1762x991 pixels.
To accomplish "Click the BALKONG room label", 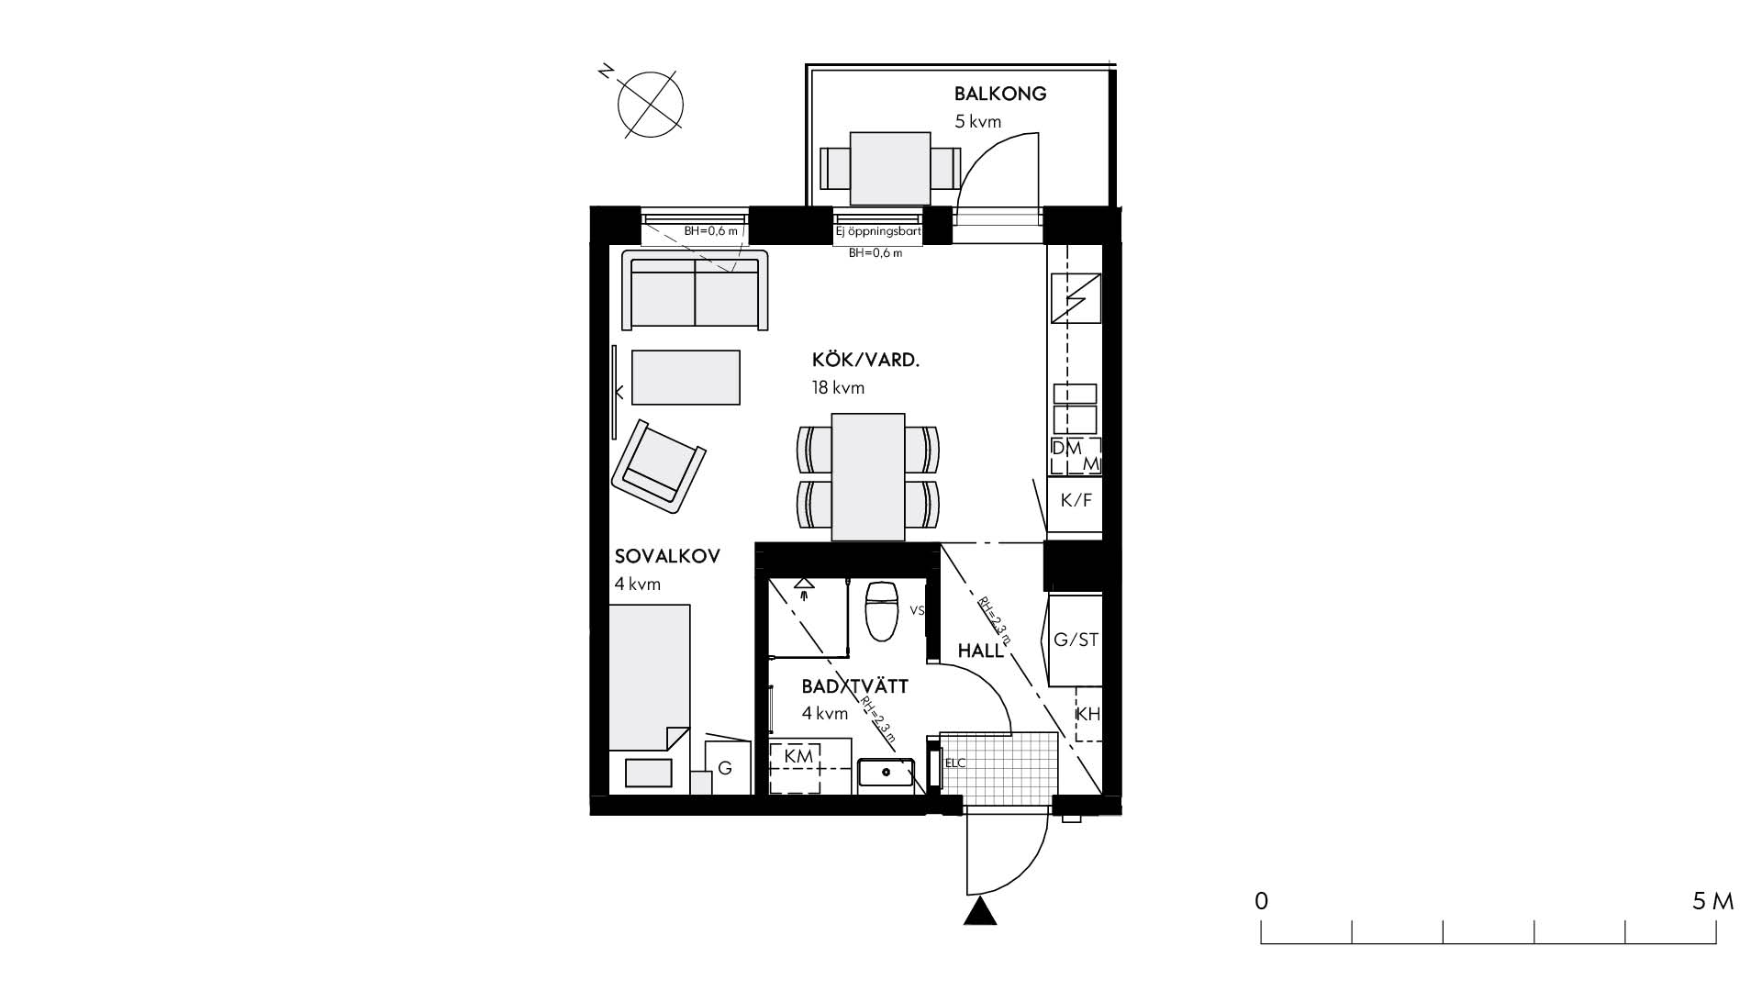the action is tap(999, 94).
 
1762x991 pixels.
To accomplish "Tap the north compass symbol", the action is tap(650, 104).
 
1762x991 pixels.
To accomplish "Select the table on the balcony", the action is tap(890, 169).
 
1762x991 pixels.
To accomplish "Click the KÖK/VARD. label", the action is tap(865, 360).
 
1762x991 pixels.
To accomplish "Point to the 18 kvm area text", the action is tap(838, 388).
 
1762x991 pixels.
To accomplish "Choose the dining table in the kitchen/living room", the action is tap(868, 477).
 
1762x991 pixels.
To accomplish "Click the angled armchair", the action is tap(658, 466).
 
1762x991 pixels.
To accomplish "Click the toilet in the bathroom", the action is tap(882, 611).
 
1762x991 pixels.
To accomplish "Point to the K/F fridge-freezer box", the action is tap(1076, 500).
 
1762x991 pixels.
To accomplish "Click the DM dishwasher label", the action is tap(1066, 449).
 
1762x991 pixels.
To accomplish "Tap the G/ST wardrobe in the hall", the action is tap(1076, 640).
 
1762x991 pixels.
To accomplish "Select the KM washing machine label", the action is tap(798, 756).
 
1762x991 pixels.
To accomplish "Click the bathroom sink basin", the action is tap(886, 773).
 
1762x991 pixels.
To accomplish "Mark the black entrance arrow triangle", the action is tap(981, 912).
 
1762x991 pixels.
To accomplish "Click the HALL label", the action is tap(981, 651).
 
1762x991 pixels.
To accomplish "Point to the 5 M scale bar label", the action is tap(1712, 901).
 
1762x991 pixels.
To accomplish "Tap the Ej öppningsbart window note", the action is tap(878, 232).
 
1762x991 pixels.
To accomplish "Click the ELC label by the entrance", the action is tap(955, 763).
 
